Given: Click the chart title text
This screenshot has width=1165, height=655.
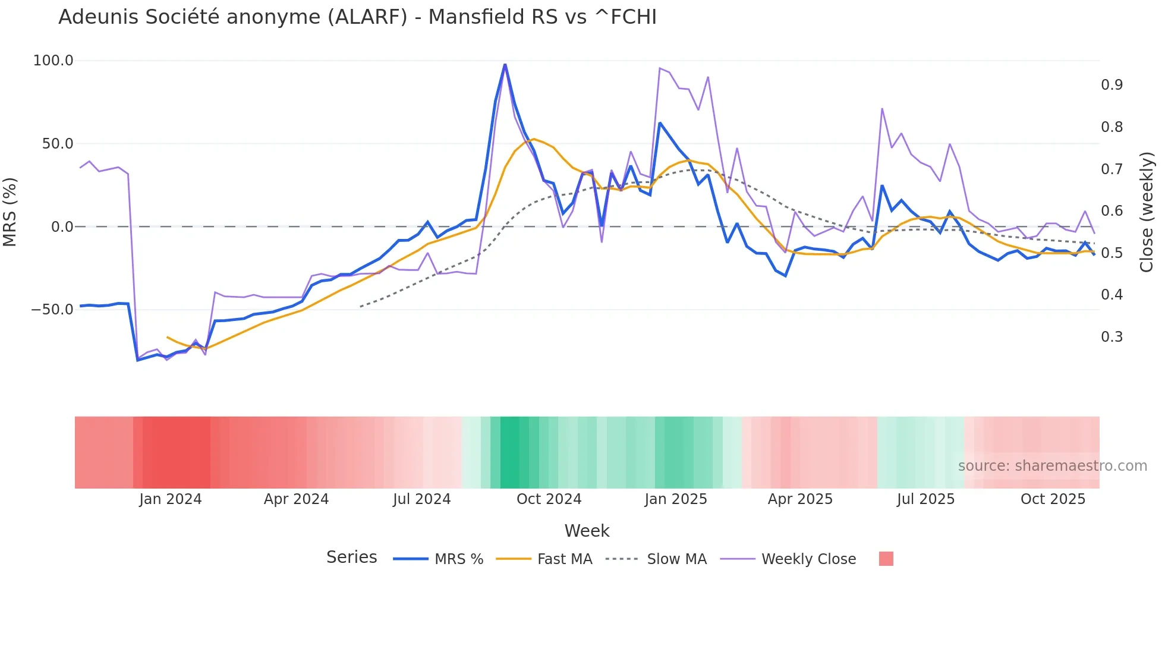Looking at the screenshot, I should point(357,17).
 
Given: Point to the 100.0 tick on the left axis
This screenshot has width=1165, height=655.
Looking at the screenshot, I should point(53,61).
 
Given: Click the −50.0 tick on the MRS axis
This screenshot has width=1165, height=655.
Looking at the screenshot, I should point(52,310).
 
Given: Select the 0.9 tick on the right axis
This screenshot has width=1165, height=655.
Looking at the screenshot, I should point(1112,85).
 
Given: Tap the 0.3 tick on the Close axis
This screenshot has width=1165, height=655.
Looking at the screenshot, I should point(1112,337).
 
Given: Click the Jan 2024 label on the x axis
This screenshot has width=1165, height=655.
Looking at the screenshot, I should point(171,499).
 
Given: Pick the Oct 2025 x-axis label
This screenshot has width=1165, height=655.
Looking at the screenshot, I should point(1053,499).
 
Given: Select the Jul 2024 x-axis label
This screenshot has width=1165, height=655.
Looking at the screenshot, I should point(422,499).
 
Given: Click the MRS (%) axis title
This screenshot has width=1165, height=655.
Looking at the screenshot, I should point(10,212).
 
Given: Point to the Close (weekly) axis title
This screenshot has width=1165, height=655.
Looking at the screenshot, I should point(1147,212).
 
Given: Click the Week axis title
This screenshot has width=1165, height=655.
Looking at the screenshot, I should point(587,531).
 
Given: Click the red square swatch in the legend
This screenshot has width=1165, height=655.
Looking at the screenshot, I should point(886,559).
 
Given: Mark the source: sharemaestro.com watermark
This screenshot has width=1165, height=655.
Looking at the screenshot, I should point(1052,466).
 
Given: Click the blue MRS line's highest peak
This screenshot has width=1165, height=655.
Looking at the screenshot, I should point(505,64).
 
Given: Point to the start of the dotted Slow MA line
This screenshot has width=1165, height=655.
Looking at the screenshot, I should point(360,307).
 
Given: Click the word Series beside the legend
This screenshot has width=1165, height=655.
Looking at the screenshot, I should point(351,558).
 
